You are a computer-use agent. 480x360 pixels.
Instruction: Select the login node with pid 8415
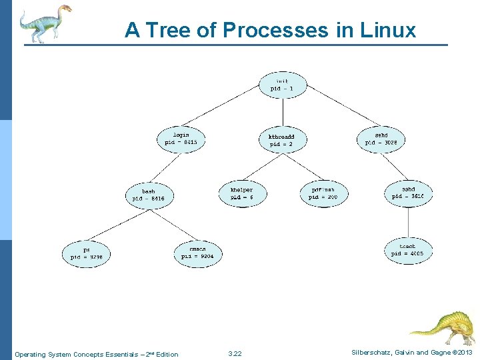(x=181, y=138)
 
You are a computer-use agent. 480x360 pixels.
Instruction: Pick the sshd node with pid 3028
(x=381, y=138)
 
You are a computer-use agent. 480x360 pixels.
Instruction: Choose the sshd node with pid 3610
(x=408, y=193)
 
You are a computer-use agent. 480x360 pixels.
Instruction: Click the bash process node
(x=148, y=195)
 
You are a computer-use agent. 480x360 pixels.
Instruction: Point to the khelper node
(x=241, y=193)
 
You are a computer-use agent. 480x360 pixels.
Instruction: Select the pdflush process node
(x=324, y=193)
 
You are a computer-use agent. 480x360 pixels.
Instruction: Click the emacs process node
(x=198, y=252)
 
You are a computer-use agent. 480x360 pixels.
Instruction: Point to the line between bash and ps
(x=119, y=225)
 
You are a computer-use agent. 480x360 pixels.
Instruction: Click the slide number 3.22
(x=235, y=354)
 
